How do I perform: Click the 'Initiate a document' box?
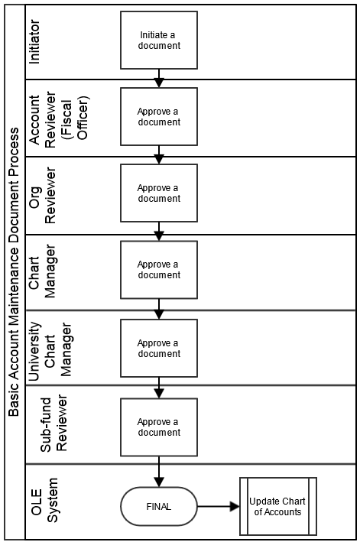(159, 40)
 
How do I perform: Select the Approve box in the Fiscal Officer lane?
(159, 116)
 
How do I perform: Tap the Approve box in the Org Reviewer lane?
(159, 193)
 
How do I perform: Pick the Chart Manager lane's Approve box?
(159, 270)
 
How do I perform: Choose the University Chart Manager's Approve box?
(159, 348)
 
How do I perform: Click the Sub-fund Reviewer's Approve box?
(159, 427)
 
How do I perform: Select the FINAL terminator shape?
(159, 506)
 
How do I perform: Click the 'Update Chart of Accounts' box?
(278, 506)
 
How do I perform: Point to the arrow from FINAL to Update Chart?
(219, 507)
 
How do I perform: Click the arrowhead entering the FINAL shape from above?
(159, 482)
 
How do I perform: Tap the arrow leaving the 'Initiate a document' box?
(159, 78)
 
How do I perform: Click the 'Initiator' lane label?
(34, 42)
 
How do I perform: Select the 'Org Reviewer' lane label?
(42, 196)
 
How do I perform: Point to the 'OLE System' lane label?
(44, 501)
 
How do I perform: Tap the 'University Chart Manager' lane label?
(50, 351)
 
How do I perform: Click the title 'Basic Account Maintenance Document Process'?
(14, 272)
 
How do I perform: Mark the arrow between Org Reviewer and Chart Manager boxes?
(159, 232)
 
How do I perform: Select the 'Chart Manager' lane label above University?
(42, 271)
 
